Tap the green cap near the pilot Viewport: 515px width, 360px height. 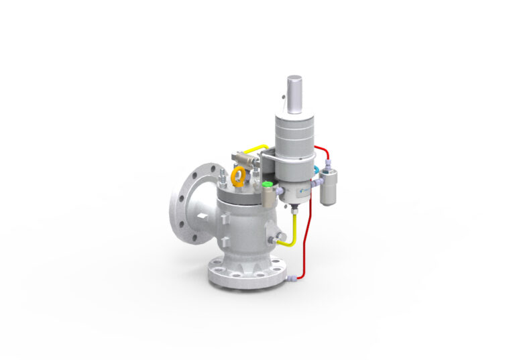268,184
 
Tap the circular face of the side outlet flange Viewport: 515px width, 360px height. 184,200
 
